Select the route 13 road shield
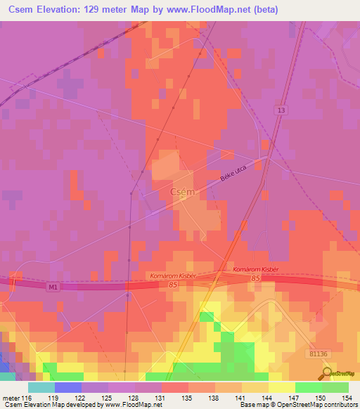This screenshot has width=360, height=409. (x=281, y=110)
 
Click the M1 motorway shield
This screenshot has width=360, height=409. (x=53, y=287)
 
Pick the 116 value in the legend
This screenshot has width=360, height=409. (x=27, y=398)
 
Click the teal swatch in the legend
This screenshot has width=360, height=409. (x=41, y=387)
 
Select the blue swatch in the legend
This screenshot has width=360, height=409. (x=67, y=387)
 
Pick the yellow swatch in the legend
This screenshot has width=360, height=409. (x=281, y=387)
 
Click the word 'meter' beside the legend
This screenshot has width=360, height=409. (x=11, y=398)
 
